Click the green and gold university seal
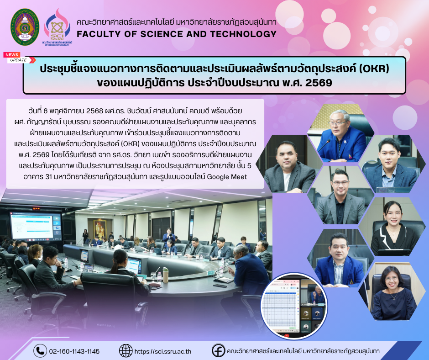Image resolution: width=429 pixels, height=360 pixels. tap(25, 27)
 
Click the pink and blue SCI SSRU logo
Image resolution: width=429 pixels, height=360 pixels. tap(57, 27)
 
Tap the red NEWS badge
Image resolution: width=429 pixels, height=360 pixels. tap(12, 55)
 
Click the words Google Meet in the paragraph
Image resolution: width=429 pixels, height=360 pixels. tap(227, 177)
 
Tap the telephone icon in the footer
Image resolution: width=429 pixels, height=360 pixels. tap(40, 351)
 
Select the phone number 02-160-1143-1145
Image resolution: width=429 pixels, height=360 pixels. tap(74, 351)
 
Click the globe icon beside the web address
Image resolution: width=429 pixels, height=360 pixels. tap(126, 351)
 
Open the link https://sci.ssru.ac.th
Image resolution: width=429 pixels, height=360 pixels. tap(163, 351)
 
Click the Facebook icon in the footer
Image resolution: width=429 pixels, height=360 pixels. tap(218, 350)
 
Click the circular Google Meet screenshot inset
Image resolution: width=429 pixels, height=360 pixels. tap(294, 306)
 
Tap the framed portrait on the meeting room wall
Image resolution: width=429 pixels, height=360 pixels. tap(100, 228)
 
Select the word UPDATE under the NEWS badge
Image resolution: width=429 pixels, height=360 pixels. tap(18, 60)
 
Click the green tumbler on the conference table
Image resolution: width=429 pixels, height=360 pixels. tap(166, 275)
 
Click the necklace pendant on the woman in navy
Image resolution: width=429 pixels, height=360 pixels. tap(393, 298)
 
